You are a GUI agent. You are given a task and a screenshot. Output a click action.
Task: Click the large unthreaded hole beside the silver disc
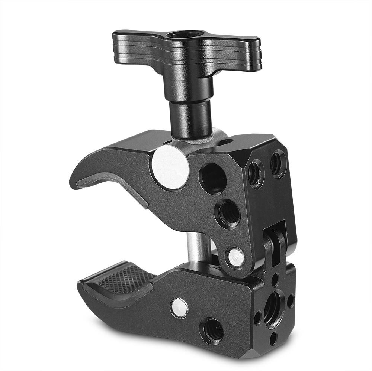(213, 178)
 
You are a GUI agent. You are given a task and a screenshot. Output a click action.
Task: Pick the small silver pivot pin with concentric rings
(236, 257)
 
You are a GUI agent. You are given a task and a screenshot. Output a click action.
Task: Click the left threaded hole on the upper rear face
(256, 173)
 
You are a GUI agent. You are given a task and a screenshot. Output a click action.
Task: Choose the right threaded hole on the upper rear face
(278, 163)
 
